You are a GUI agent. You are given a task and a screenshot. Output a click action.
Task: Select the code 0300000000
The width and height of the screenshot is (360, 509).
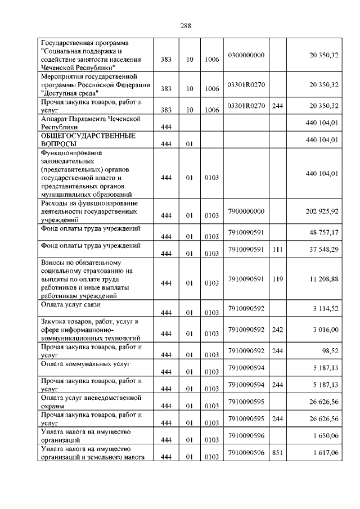coord(246,55)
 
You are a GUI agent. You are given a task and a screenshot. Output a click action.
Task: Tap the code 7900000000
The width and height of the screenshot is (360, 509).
coord(246,210)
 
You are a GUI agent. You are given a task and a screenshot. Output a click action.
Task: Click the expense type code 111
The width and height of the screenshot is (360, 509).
coord(277,249)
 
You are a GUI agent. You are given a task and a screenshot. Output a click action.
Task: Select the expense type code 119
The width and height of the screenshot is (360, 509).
coord(277,278)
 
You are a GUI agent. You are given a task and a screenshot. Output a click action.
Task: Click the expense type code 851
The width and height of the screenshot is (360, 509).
coord(277,452)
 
